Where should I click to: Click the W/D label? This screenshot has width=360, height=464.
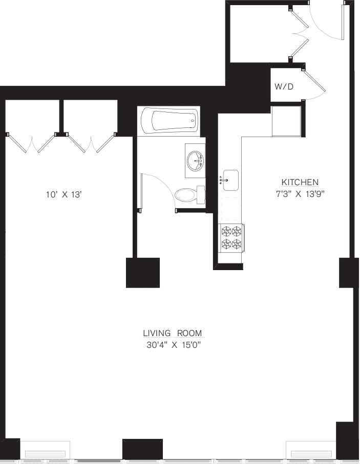point(284,87)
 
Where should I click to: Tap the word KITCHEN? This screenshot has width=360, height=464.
point(300,182)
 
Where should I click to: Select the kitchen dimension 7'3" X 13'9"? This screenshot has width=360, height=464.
point(300,194)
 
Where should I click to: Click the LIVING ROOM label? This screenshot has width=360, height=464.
point(173,333)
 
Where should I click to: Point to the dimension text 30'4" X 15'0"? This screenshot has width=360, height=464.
point(173,345)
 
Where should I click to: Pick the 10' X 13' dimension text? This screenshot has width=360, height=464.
point(63,194)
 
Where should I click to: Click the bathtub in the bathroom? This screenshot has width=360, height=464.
point(170,121)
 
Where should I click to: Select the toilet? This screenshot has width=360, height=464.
point(187,195)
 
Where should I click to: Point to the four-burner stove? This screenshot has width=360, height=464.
point(231,238)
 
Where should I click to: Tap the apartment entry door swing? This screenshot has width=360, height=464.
point(328,23)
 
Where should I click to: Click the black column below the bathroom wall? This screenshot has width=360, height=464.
point(143,273)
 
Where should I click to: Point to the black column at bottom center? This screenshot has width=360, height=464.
point(142,449)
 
